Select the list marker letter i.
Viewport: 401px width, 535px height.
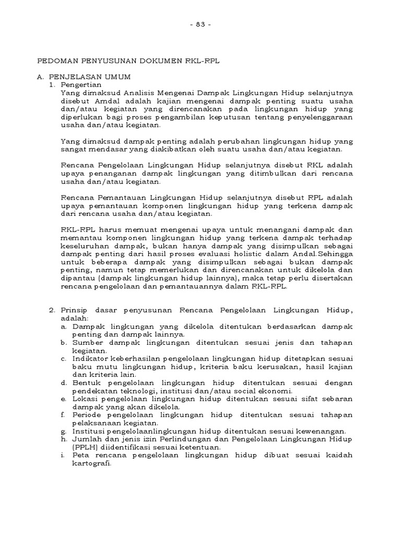coord(62,455)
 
